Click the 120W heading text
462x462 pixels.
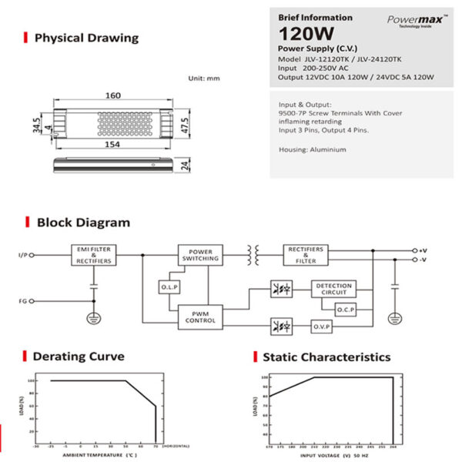tap(305, 34)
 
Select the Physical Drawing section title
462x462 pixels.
tap(86, 37)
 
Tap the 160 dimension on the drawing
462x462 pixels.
tap(113, 95)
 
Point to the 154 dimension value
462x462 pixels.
tap(113, 143)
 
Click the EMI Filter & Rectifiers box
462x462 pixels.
tap(95, 256)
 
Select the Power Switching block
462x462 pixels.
tap(200, 255)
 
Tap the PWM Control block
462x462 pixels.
tap(200, 316)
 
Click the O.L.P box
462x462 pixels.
tap(169, 287)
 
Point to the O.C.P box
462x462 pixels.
tap(345, 309)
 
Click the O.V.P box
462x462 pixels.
tap(321, 327)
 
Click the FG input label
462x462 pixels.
tap(23, 301)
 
